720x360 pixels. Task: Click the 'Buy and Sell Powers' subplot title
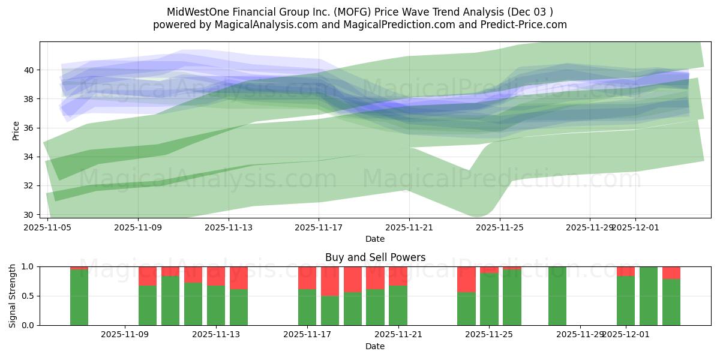pyautogui.click(x=375, y=257)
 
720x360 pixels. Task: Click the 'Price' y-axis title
pyautogui.click(x=16, y=130)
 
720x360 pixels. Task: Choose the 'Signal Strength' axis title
pyautogui.click(x=13, y=296)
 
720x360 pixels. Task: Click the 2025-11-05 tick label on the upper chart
pyautogui.click(x=47, y=227)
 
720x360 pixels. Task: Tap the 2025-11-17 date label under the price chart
pyautogui.click(x=319, y=227)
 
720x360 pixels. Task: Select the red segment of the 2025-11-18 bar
pyautogui.click(x=330, y=281)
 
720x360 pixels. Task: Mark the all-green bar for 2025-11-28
pyautogui.click(x=557, y=296)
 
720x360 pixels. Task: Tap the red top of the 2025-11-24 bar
pyautogui.click(x=466, y=279)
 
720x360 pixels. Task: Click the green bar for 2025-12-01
pyautogui.click(x=626, y=301)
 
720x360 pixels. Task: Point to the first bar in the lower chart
pyautogui.click(x=79, y=297)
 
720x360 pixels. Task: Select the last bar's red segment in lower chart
pyautogui.click(x=671, y=272)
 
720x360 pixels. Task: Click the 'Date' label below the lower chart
pyautogui.click(x=375, y=346)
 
